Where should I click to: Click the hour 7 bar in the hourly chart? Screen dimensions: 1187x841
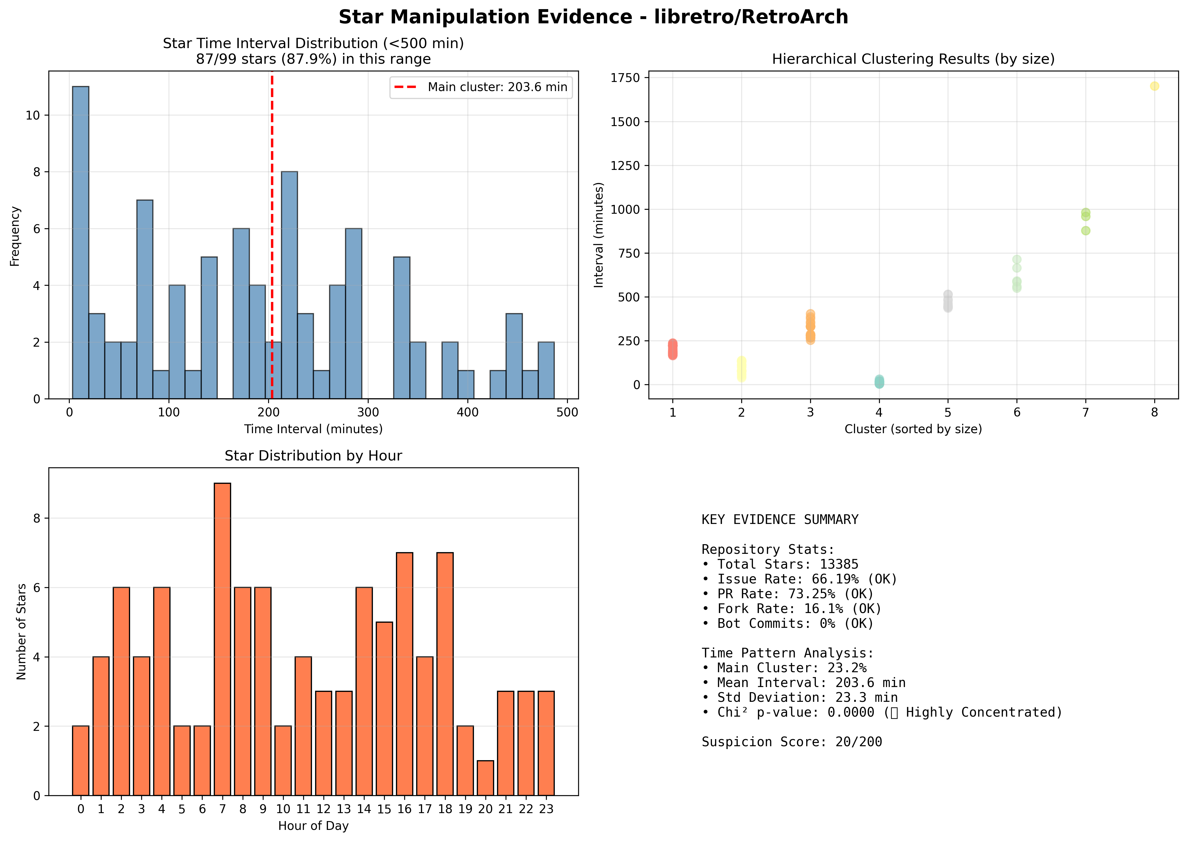[222, 639]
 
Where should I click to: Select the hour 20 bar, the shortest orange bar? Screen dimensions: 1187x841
[485, 778]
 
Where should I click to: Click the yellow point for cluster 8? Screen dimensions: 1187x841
[1154, 86]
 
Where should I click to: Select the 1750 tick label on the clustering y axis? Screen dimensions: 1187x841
[626, 78]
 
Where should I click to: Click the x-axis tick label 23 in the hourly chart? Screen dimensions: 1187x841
[546, 809]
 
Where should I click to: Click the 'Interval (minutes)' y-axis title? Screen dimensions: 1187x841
[599, 235]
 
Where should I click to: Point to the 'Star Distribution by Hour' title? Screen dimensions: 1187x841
[313, 456]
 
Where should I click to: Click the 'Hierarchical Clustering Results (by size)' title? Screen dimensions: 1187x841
[913, 59]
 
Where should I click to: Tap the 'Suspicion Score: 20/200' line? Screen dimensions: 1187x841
[792, 742]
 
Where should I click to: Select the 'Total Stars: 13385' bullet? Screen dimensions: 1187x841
[780, 564]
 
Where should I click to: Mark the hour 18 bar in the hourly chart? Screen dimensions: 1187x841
[445, 674]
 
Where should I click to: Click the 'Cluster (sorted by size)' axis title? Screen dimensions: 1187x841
[913, 429]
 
